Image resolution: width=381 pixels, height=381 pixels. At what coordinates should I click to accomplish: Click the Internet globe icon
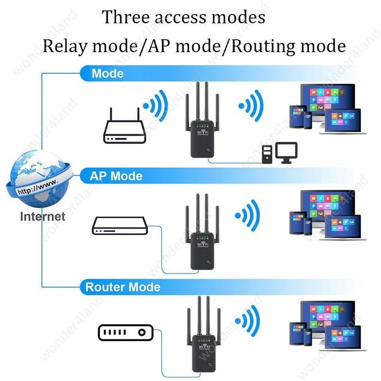[x=40, y=179]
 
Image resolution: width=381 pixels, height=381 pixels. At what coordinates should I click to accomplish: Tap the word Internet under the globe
[x=43, y=216]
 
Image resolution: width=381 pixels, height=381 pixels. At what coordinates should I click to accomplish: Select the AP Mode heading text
[x=116, y=176]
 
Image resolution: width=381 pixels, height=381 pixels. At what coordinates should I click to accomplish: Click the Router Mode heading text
[x=123, y=287]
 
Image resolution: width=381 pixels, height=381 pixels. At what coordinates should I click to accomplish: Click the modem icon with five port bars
[x=126, y=332]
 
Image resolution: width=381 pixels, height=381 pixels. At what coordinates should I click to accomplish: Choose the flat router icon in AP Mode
[x=119, y=225]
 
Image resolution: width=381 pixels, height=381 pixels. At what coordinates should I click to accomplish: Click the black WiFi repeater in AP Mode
[x=202, y=232]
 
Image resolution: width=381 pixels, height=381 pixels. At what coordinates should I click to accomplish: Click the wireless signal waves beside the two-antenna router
[x=156, y=105]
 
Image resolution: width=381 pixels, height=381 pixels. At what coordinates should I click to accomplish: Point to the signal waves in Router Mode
[x=247, y=320]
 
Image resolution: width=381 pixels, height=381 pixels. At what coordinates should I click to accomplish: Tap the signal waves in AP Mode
[x=247, y=215]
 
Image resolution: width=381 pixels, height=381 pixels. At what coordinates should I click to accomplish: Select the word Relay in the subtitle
[x=65, y=46]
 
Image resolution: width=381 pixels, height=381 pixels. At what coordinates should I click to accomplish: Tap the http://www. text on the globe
[x=38, y=187]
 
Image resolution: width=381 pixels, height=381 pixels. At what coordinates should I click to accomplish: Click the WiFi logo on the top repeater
[x=203, y=133]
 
